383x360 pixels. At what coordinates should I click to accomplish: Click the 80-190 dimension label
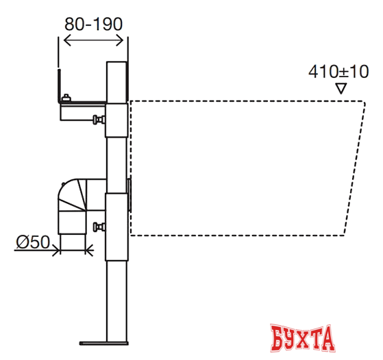point(93,24)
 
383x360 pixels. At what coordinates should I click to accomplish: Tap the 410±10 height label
point(338,72)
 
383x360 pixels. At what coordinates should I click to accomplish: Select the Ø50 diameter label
point(33,242)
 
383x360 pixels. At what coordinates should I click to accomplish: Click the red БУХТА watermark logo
point(302,338)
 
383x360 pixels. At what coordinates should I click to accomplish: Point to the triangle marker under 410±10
point(341,88)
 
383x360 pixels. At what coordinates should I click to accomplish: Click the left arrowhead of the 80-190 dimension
point(67,40)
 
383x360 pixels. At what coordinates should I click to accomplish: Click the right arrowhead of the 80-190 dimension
point(120,40)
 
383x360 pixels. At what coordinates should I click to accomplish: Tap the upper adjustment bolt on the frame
point(99,120)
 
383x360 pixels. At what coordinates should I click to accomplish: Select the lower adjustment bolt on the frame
point(99,227)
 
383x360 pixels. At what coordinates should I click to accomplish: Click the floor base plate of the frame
point(104,343)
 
